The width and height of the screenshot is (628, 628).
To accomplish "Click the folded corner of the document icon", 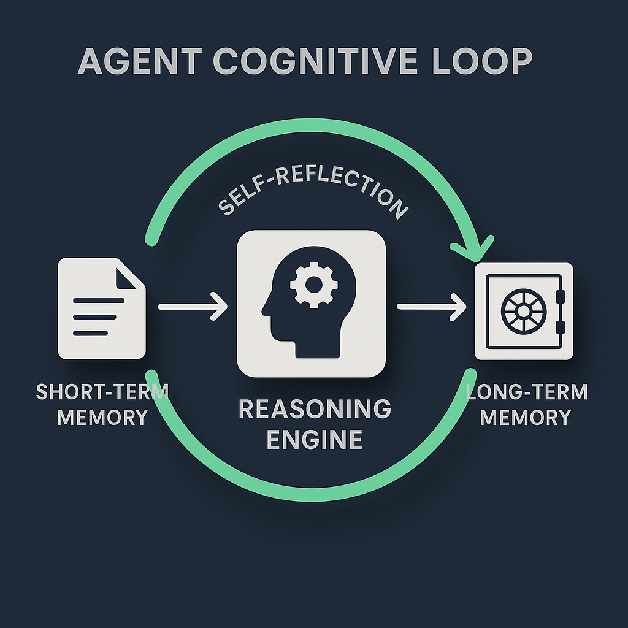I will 130,274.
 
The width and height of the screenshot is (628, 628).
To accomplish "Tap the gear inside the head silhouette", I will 313,283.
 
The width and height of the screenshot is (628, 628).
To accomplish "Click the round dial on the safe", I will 523,310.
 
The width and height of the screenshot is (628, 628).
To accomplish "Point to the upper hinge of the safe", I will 559,297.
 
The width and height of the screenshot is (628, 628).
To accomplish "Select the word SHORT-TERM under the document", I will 102,392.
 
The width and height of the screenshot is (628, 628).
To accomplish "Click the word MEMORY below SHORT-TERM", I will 102,417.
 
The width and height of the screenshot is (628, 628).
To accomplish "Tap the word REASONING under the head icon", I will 315,410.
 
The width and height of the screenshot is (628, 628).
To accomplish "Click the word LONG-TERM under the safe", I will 526,392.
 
